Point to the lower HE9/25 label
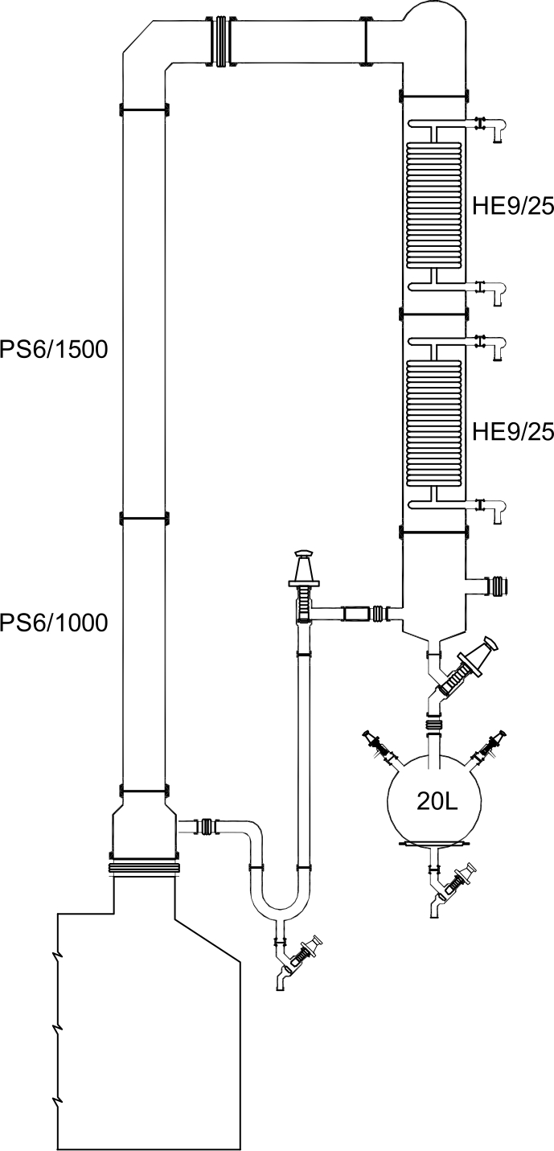click(513, 432)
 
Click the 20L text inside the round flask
click(437, 800)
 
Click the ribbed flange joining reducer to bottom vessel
click(143, 867)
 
